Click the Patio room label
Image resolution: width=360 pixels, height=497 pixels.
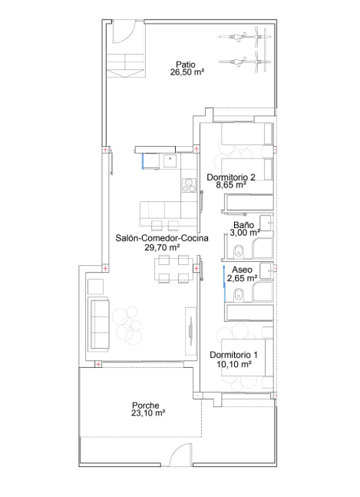click(x=186, y=65)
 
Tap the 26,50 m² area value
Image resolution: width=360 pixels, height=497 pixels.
click(x=187, y=72)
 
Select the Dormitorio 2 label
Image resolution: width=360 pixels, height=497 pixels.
click(x=231, y=177)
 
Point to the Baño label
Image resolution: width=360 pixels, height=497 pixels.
click(x=243, y=225)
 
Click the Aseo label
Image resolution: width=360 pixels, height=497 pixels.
click(x=242, y=270)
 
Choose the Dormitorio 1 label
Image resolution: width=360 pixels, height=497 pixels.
click(x=233, y=355)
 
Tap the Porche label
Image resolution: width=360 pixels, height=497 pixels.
click(x=146, y=406)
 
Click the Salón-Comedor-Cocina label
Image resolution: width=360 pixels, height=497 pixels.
click(x=162, y=238)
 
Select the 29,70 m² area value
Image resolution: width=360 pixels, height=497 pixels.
click(x=162, y=247)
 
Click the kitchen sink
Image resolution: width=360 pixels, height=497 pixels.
click(x=170, y=161)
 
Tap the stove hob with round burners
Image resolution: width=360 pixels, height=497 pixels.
click(x=189, y=185)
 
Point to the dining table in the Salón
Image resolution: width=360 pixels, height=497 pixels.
click(x=173, y=270)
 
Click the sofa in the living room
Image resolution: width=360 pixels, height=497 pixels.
click(x=100, y=324)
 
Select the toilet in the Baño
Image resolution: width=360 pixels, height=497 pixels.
click(x=238, y=251)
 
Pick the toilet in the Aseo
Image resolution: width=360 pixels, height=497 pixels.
click(x=238, y=295)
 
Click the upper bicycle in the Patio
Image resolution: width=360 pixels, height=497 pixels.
click(x=245, y=36)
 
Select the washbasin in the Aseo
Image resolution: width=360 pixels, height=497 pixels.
click(x=266, y=271)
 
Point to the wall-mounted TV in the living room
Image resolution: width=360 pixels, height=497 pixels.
click(x=190, y=331)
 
